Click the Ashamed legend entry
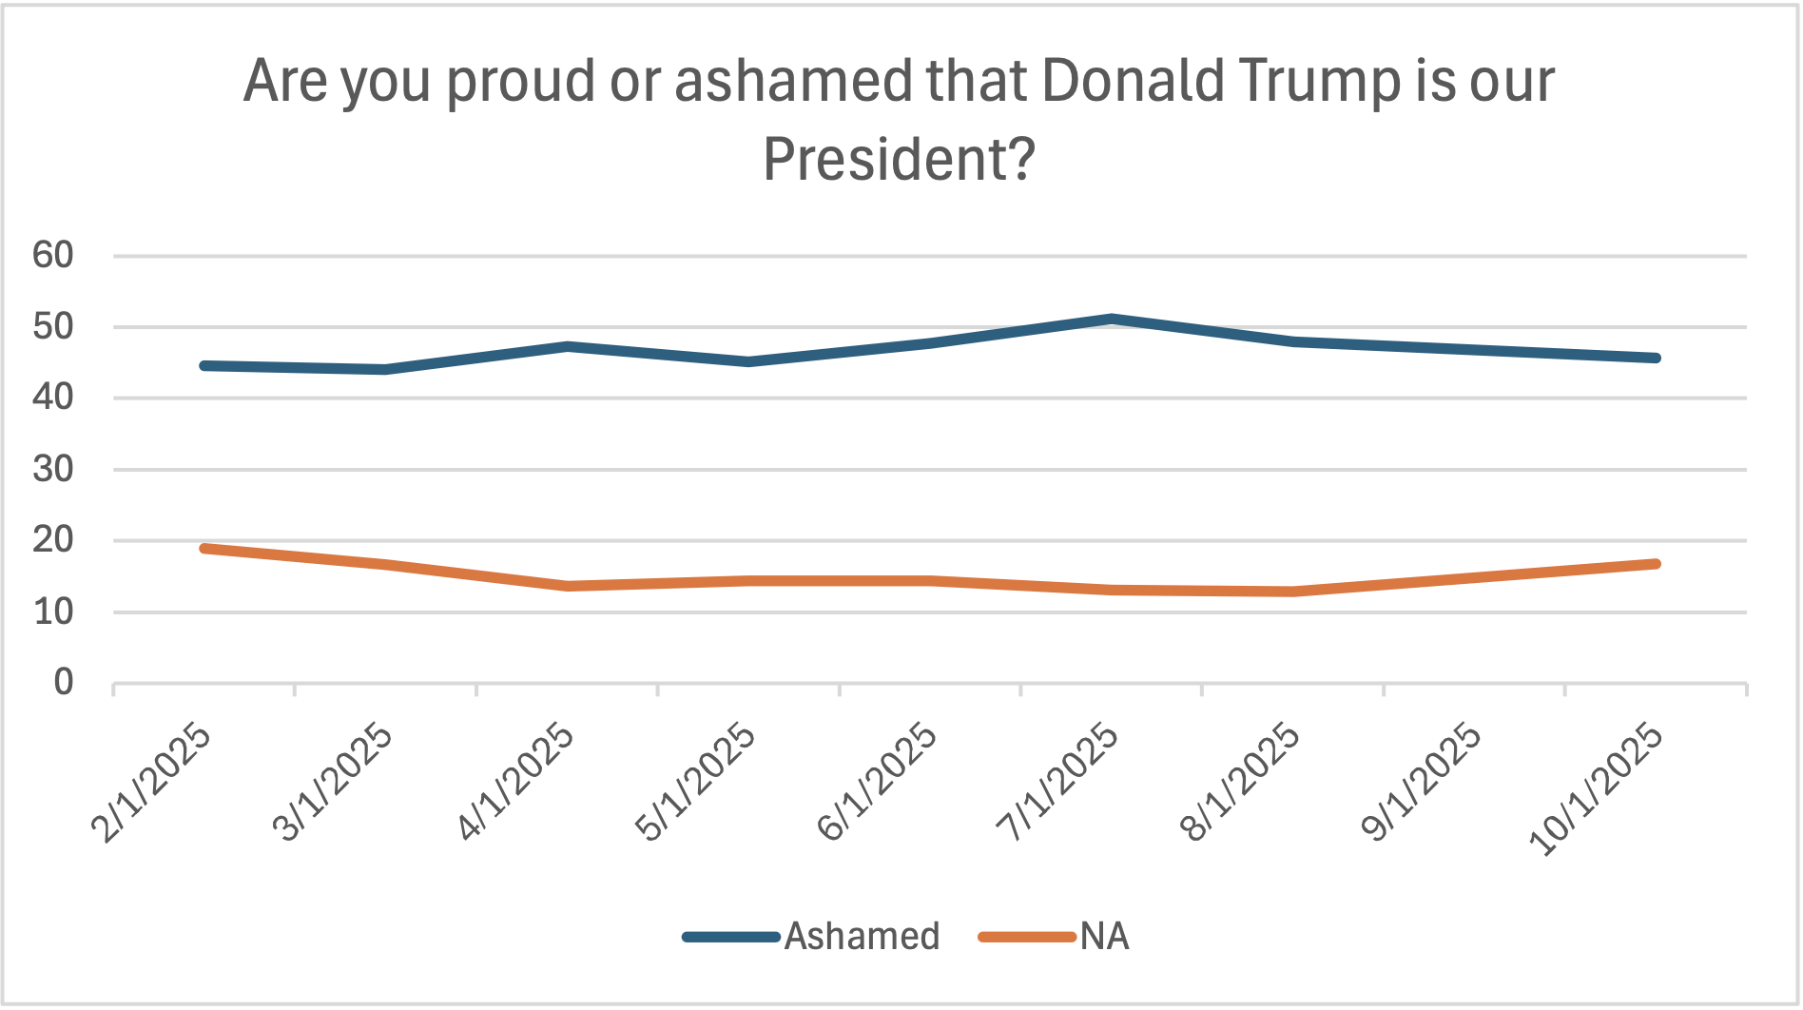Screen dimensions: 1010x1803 [x=861, y=937]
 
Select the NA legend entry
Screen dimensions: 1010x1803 [x=1103, y=937]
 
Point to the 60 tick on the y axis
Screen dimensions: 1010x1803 [x=53, y=255]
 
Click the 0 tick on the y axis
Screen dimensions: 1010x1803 [x=63, y=682]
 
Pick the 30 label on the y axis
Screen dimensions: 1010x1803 [x=53, y=469]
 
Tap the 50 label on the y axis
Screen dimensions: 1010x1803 [x=53, y=326]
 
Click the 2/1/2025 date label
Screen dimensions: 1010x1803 [x=152, y=784]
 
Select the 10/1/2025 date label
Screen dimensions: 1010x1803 [x=1598, y=789]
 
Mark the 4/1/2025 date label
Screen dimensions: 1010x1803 [x=515, y=784]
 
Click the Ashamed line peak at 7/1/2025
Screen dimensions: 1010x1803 [x=1112, y=320]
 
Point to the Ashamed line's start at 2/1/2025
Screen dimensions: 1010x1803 [x=204, y=365]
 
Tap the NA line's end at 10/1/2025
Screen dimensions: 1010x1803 [x=1656, y=564]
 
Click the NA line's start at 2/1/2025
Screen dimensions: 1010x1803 [x=204, y=549]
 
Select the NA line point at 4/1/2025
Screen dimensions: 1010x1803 [x=568, y=586]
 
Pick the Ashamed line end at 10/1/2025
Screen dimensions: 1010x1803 [x=1656, y=358]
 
